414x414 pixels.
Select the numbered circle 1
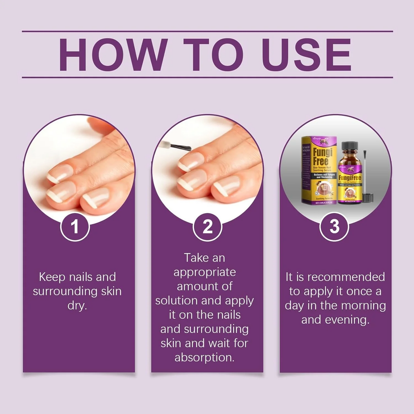tap(75, 227)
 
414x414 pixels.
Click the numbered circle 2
tap(207, 227)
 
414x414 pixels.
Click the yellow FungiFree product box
tap(319, 170)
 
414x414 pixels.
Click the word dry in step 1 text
tap(77, 306)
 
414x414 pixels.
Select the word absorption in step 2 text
tap(204, 358)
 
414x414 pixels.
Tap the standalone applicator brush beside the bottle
tap(365, 175)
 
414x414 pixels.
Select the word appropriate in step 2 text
tap(205, 272)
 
